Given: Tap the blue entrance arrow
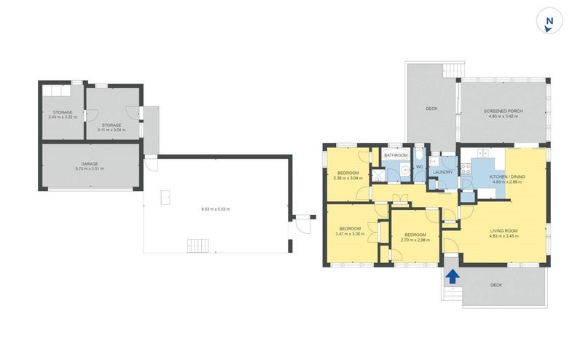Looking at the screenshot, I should (x=452, y=275).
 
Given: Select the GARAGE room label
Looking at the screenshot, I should (x=90, y=164).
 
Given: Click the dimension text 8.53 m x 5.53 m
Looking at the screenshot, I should (x=216, y=210).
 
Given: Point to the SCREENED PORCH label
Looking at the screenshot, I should (x=502, y=111).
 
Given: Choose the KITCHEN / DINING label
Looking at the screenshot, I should (x=508, y=176).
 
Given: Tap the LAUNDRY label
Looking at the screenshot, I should (x=443, y=172).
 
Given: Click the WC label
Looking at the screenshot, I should (x=420, y=167).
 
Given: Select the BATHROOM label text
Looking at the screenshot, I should (x=396, y=155).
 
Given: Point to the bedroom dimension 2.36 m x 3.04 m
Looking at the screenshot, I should (x=348, y=178).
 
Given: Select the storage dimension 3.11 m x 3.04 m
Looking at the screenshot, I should (x=111, y=130).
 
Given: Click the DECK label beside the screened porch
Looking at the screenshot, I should (x=431, y=109).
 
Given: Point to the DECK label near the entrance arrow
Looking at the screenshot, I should (x=496, y=285).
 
